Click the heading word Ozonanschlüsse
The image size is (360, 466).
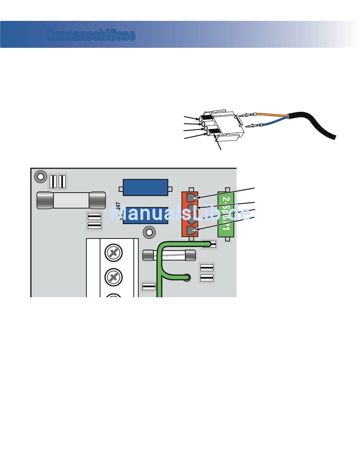91,35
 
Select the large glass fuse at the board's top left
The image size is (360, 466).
71,200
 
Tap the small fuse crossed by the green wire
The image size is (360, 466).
169,255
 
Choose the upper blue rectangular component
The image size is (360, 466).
146,187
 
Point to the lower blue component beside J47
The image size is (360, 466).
146,215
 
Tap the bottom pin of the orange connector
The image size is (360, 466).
191,230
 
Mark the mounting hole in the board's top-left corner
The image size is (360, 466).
39,176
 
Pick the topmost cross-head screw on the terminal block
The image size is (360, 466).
113,254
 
